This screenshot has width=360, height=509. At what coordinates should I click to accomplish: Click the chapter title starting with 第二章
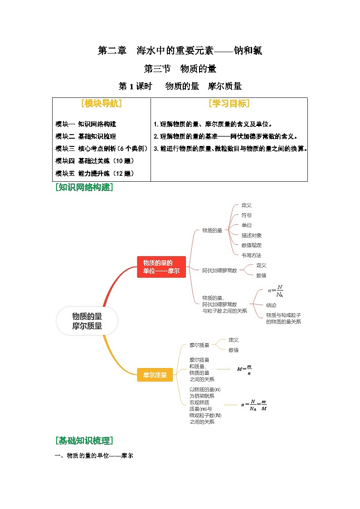pos(180,51)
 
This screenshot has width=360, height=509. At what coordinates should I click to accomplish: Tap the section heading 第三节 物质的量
pos(180,69)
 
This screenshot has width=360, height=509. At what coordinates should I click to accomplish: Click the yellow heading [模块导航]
pos(102,103)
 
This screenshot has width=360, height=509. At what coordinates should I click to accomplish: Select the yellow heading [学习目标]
pos(229,103)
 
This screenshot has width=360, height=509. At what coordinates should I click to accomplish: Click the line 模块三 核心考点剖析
pos(102,148)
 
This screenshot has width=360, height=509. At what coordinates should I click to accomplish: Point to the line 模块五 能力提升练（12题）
pos(95,173)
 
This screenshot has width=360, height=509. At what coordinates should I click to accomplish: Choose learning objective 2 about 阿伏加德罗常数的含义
pos(226,136)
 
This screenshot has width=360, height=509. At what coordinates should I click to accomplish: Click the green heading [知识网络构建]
pos(84,187)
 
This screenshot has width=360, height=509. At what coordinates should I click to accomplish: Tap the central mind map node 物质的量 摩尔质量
pos(87,321)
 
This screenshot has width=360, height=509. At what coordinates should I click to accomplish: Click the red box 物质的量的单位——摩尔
pos(161,267)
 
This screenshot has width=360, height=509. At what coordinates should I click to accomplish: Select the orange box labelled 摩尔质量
pos(155,375)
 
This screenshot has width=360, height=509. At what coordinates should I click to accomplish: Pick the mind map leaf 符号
pos(247,215)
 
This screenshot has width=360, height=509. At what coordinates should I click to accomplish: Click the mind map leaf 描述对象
pos(251,235)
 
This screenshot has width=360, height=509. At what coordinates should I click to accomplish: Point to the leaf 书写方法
pos(251,255)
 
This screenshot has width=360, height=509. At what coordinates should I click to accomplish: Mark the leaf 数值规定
pos(251,245)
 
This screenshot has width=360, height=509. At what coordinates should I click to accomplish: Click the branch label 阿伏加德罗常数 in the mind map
pos(219,270)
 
